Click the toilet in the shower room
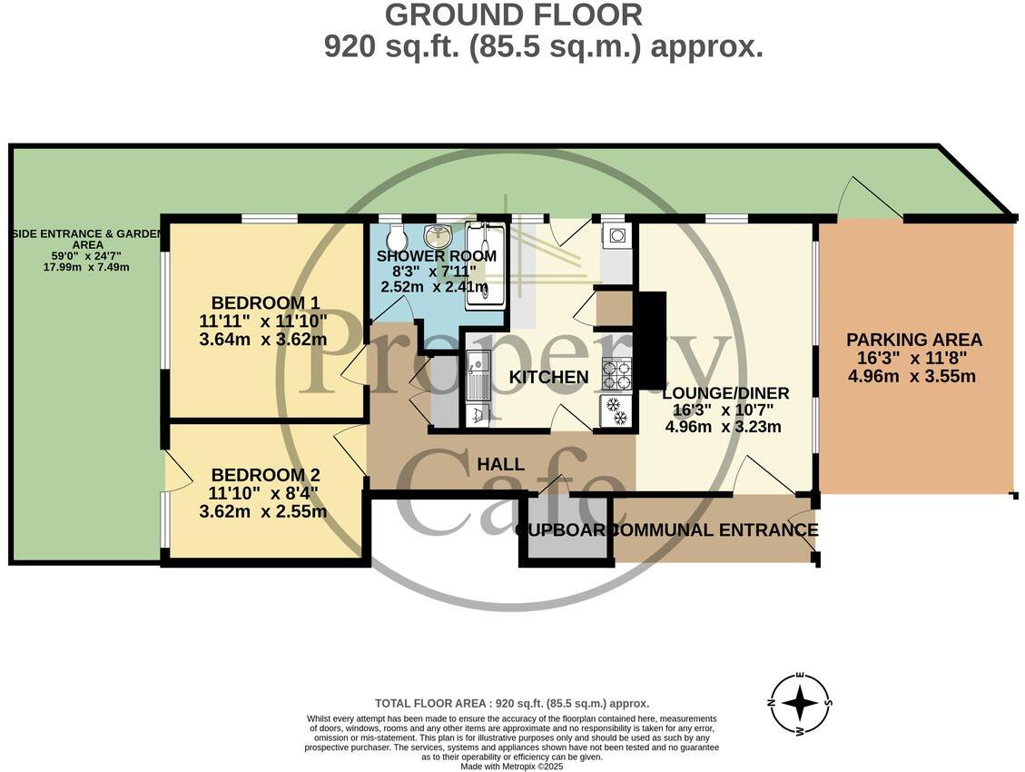tap(395, 239)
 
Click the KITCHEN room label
tap(548, 377)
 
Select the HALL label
tap(500, 464)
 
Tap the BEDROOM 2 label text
tap(265, 475)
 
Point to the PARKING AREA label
tap(914, 340)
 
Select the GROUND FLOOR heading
tap(513, 15)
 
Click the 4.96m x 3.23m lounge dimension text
tap(724, 427)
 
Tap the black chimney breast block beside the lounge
tap(651, 340)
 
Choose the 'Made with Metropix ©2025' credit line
tap(513, 767)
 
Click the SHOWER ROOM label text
tap(437, 256)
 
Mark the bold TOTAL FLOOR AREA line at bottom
tap(512, 704)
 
